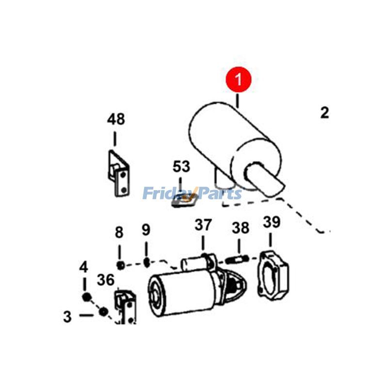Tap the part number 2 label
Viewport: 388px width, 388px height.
pos(324,113)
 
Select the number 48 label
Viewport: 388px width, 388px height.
pos(115,119)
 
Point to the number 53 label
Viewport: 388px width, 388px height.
pos(181,167)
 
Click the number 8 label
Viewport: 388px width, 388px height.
pos(119,232)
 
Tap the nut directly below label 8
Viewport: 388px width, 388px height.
pos(120,264)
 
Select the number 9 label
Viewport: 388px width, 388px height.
pos(146,229)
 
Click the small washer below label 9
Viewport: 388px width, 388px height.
pos(146,262)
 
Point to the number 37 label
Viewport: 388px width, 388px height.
pos(203,225)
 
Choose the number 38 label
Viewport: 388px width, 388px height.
pos(240,227)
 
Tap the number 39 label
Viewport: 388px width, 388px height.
pos(272,223)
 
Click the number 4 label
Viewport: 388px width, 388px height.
pos(84,267)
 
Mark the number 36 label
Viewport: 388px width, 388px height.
pos(106,280)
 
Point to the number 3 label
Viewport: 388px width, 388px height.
pos(67,317)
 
